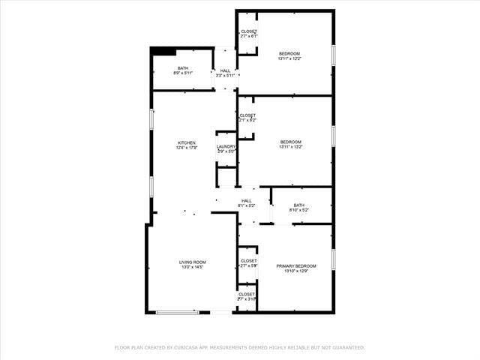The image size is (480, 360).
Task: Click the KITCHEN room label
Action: pyautogui.click(x=187, y=142)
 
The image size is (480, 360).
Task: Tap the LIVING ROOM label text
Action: pyautogui.click(x=192, y=262)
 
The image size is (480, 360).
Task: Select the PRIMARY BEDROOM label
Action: pyautogui.click(x=296, y=266)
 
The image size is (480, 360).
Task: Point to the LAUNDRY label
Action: pyautogui.click(x=226, y=146)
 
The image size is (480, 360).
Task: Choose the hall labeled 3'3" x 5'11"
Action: pyautogui.click(x=226, y=73)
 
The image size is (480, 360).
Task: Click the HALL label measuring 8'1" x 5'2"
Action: pyautogui.click(x=247, y=202)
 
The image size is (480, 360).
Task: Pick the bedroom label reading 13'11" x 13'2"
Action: pyautogui.click(x=291, y=145)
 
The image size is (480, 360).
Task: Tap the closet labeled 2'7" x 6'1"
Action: pyautogui.click(x=248, y=34)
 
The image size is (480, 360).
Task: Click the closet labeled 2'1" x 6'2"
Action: pyautogui.click(x=247, y=118)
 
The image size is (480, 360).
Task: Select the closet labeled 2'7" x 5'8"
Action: pyautogui.click(x=248, y=263)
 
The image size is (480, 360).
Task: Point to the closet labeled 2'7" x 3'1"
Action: pyautogui.click(x=247, y=296)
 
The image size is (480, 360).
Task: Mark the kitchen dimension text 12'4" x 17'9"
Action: pyautogui.click(x=187, y=148)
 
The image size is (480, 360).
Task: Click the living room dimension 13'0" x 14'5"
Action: pyautogui.click(x=192, y=267)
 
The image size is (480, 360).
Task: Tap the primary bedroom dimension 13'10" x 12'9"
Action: pyautogui.click(x=296, y=271)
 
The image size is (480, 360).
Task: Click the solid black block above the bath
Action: pyautogui.click(x=163, y=51)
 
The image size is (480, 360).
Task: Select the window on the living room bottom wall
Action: pyautogui.click(x=178, y=312)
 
